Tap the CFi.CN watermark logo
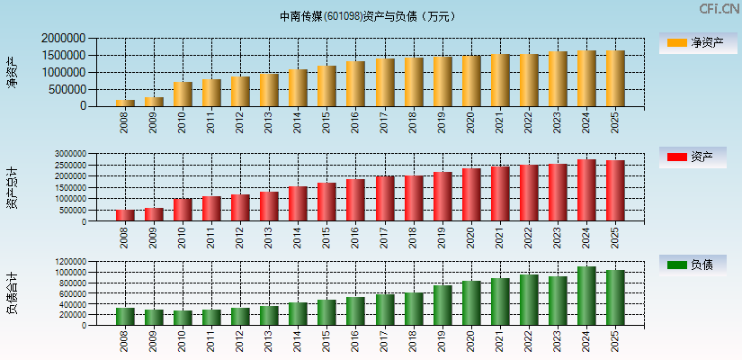point(719,9)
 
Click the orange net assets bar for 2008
point(125,103)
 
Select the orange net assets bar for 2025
point(615,78)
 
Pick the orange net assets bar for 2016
point(355,84)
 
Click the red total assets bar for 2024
point(586,190)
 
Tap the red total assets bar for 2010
point(183,210)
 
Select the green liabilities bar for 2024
point(586,296)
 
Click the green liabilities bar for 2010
point(183,318)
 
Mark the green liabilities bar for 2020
point(470,303)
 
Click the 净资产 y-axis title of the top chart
point(12,72)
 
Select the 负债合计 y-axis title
point(12,292)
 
